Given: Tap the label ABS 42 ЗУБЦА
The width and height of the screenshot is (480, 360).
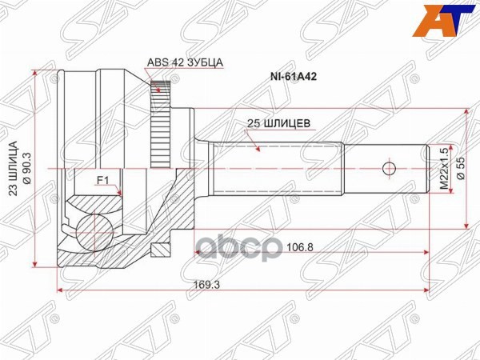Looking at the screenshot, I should click(x=186, y=62).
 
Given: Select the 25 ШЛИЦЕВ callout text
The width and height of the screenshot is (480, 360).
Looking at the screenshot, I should click(x=278, y=124).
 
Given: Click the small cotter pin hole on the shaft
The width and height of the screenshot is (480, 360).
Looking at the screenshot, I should click(x=389, y=168).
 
